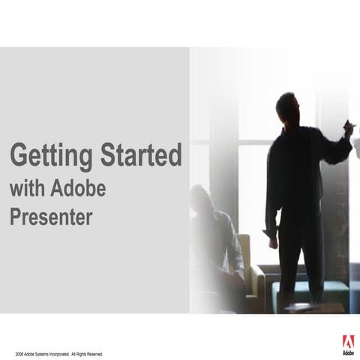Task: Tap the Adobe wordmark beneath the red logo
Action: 349,352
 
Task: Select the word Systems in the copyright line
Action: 44,353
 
